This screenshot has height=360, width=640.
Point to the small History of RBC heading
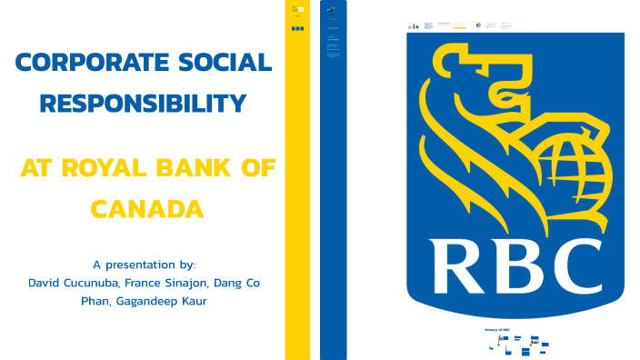point(498,328)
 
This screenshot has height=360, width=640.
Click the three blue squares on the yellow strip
point(297,28)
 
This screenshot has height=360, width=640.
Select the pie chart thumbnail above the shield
point(478,25)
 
